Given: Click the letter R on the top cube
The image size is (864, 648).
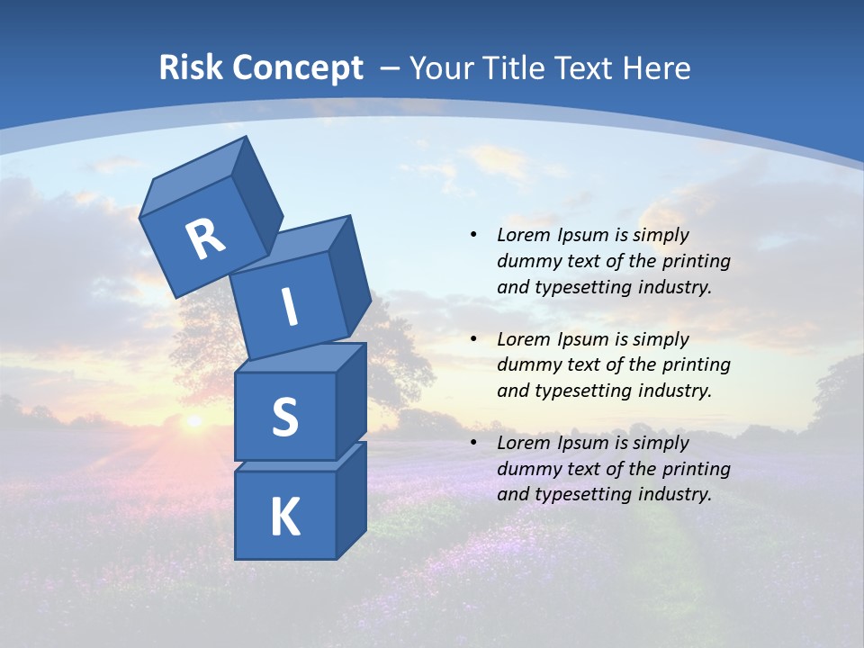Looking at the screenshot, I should (206, 238).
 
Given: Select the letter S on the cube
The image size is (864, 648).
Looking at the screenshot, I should (284, 418).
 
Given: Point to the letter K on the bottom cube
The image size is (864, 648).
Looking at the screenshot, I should (284, 517).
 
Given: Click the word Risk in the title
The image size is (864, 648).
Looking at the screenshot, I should (190, 67).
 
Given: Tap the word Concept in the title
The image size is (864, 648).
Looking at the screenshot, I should (297, 67).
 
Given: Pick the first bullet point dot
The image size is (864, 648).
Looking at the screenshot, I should (473, 235).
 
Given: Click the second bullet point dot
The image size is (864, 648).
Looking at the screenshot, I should (473, 339).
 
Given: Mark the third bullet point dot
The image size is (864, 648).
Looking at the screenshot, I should (473, 443).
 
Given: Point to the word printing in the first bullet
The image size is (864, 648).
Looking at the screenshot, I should (696, 261).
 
